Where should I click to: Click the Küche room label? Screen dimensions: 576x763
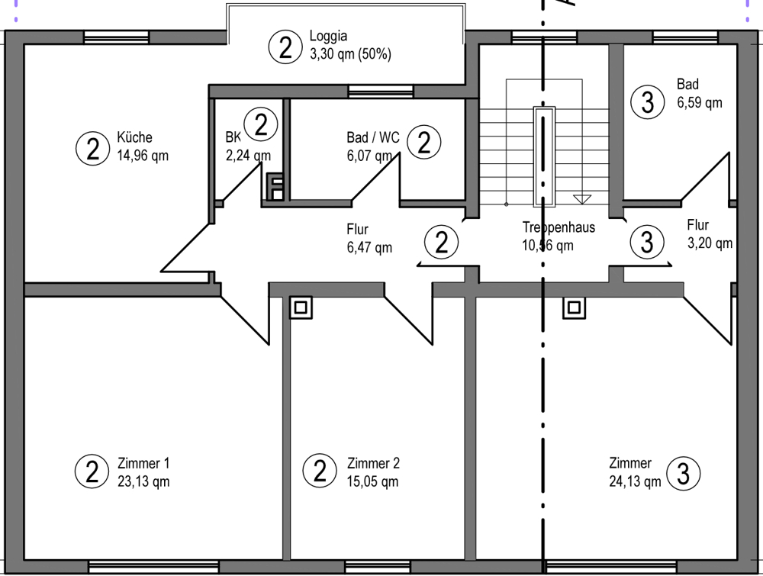[x=134, y=138]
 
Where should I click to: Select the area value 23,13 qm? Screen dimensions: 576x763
[x=143, y=481]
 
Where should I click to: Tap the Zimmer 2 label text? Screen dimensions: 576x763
[x=373, y=464]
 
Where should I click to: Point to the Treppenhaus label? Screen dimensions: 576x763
[x=559, y=227]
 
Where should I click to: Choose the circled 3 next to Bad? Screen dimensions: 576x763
[x=647, y=102]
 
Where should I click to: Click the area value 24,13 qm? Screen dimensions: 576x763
[x=635, y=481]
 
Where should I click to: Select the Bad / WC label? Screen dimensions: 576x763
[x=373, y=138]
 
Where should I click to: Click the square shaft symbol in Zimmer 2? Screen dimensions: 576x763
[x=301, y=307]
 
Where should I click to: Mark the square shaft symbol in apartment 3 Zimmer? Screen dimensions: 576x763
[x=574, y=307]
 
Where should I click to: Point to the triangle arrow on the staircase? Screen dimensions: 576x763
[x=582, y=199]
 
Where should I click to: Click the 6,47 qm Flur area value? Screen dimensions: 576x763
[x=369, y=247]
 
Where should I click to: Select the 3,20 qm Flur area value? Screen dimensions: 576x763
[x=710, y=243]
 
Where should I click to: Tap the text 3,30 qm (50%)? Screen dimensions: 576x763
[x=350, y=54]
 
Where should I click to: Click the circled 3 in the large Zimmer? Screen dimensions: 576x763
[x=683, y=473]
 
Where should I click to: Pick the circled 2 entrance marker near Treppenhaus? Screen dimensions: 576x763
[x=441, y=243]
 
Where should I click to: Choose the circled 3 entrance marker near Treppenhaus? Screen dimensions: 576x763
[x=646, y=243]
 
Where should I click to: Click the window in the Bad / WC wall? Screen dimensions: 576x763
[x=381, y=92]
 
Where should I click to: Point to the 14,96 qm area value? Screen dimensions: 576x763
[x=143, y=156]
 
